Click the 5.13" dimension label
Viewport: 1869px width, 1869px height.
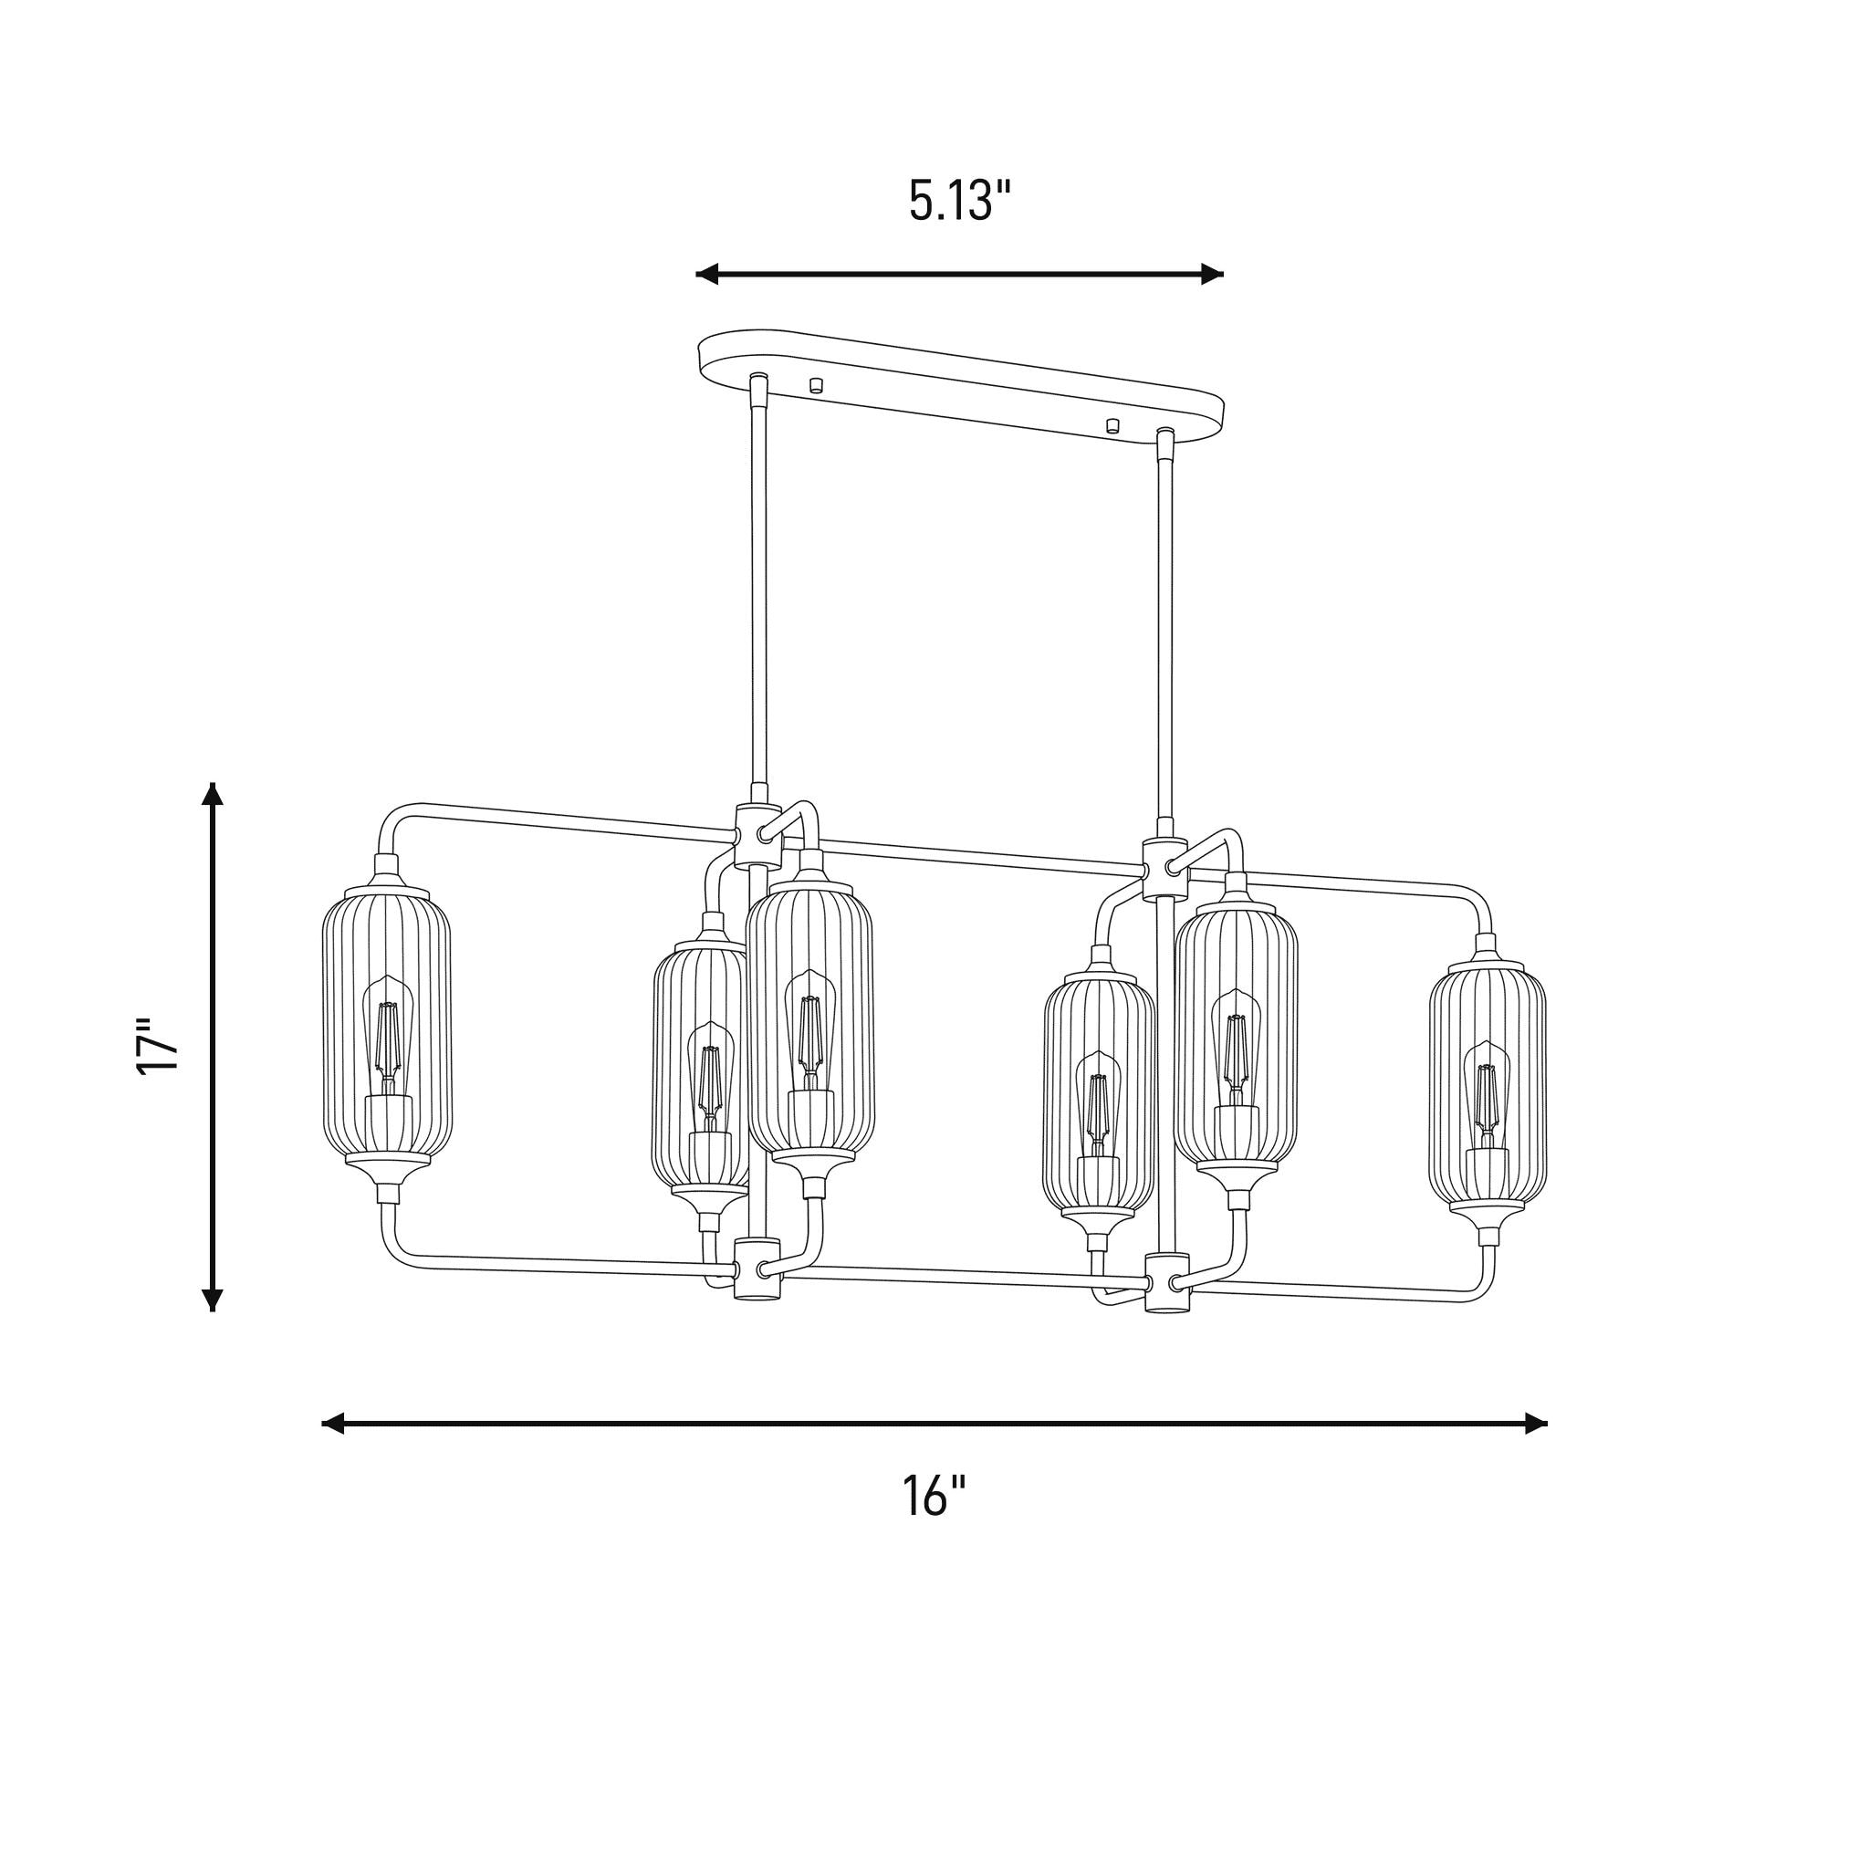click(x=960, y=201)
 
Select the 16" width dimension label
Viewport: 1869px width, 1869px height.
click(x=934, y=1496)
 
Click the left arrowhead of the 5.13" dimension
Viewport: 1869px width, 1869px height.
click(x=707, y=274)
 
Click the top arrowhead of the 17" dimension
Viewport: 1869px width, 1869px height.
click(x=213, y=794)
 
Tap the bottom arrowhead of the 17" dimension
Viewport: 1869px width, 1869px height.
click(x=213, y=1300)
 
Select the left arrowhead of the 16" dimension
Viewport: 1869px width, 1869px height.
click(x=333, y=1423)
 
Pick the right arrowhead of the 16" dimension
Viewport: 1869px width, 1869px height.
click(x=1536, y=1423)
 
